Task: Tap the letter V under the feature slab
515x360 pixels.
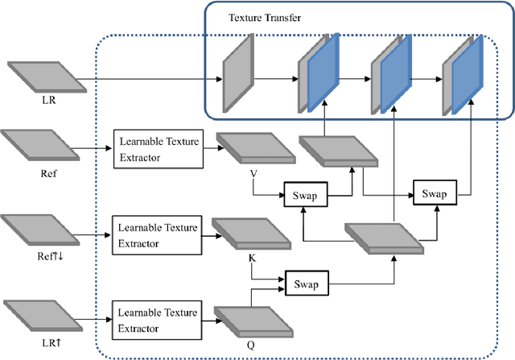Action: [x=252, y=172]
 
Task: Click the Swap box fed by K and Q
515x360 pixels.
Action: [x=307, y=284]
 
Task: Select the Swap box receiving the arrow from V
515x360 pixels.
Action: [x=305, y=194]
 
